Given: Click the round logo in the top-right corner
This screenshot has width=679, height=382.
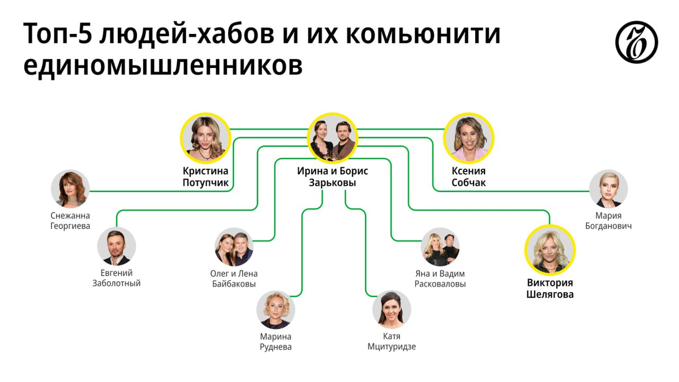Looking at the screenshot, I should click(636, 42).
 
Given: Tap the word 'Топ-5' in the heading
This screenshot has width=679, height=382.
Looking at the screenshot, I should click(57, 34).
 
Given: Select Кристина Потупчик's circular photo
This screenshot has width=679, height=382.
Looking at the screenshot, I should click(205, 138).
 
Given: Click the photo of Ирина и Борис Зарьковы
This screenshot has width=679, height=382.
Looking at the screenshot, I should click(333, 138).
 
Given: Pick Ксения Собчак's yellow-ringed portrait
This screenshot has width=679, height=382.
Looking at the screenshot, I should click(469, 138).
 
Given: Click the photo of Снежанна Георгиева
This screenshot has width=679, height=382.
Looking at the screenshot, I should click(70, 189).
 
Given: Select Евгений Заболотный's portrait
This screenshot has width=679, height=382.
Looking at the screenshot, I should click(117, 246).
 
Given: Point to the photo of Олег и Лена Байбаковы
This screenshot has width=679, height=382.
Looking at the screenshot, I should click(234, 247).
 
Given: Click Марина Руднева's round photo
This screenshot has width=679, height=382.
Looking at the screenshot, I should click(276, 310).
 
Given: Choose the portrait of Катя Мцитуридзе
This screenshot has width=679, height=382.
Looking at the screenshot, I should click(392, 310).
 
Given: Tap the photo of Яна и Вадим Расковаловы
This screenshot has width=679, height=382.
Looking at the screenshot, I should click(440, 247).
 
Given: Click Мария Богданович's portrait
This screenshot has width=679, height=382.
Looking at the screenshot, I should click(608, 189).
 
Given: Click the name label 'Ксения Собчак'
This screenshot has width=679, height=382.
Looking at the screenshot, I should click(469, 177).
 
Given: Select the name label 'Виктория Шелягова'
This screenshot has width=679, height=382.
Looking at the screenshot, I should click(550, 289).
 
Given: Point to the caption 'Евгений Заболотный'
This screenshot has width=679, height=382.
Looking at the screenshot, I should click(117, 278).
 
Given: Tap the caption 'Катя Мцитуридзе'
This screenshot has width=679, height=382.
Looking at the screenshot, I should click(392, 341).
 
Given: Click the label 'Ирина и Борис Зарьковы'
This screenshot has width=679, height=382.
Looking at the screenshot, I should click(333, 177).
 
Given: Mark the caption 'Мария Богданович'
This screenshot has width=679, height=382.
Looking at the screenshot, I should click(608, 221).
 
